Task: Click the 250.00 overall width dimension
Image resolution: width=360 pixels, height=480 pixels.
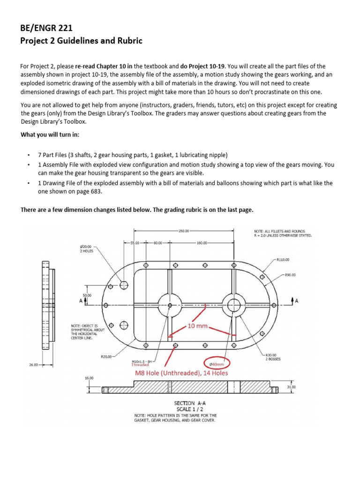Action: (183, 231)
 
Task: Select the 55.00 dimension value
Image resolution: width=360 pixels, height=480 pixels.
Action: (135, 243)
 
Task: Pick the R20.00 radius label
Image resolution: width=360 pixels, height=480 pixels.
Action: (107, 357)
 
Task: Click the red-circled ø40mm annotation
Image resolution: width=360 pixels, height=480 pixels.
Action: (217, 363)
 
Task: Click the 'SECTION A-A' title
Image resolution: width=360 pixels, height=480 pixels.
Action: (187, 403)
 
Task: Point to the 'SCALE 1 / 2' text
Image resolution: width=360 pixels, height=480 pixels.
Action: (187, 409)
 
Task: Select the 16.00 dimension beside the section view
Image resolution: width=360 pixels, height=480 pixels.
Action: (89, 377)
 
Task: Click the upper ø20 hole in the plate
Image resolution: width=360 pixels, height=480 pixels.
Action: (124, 285)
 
